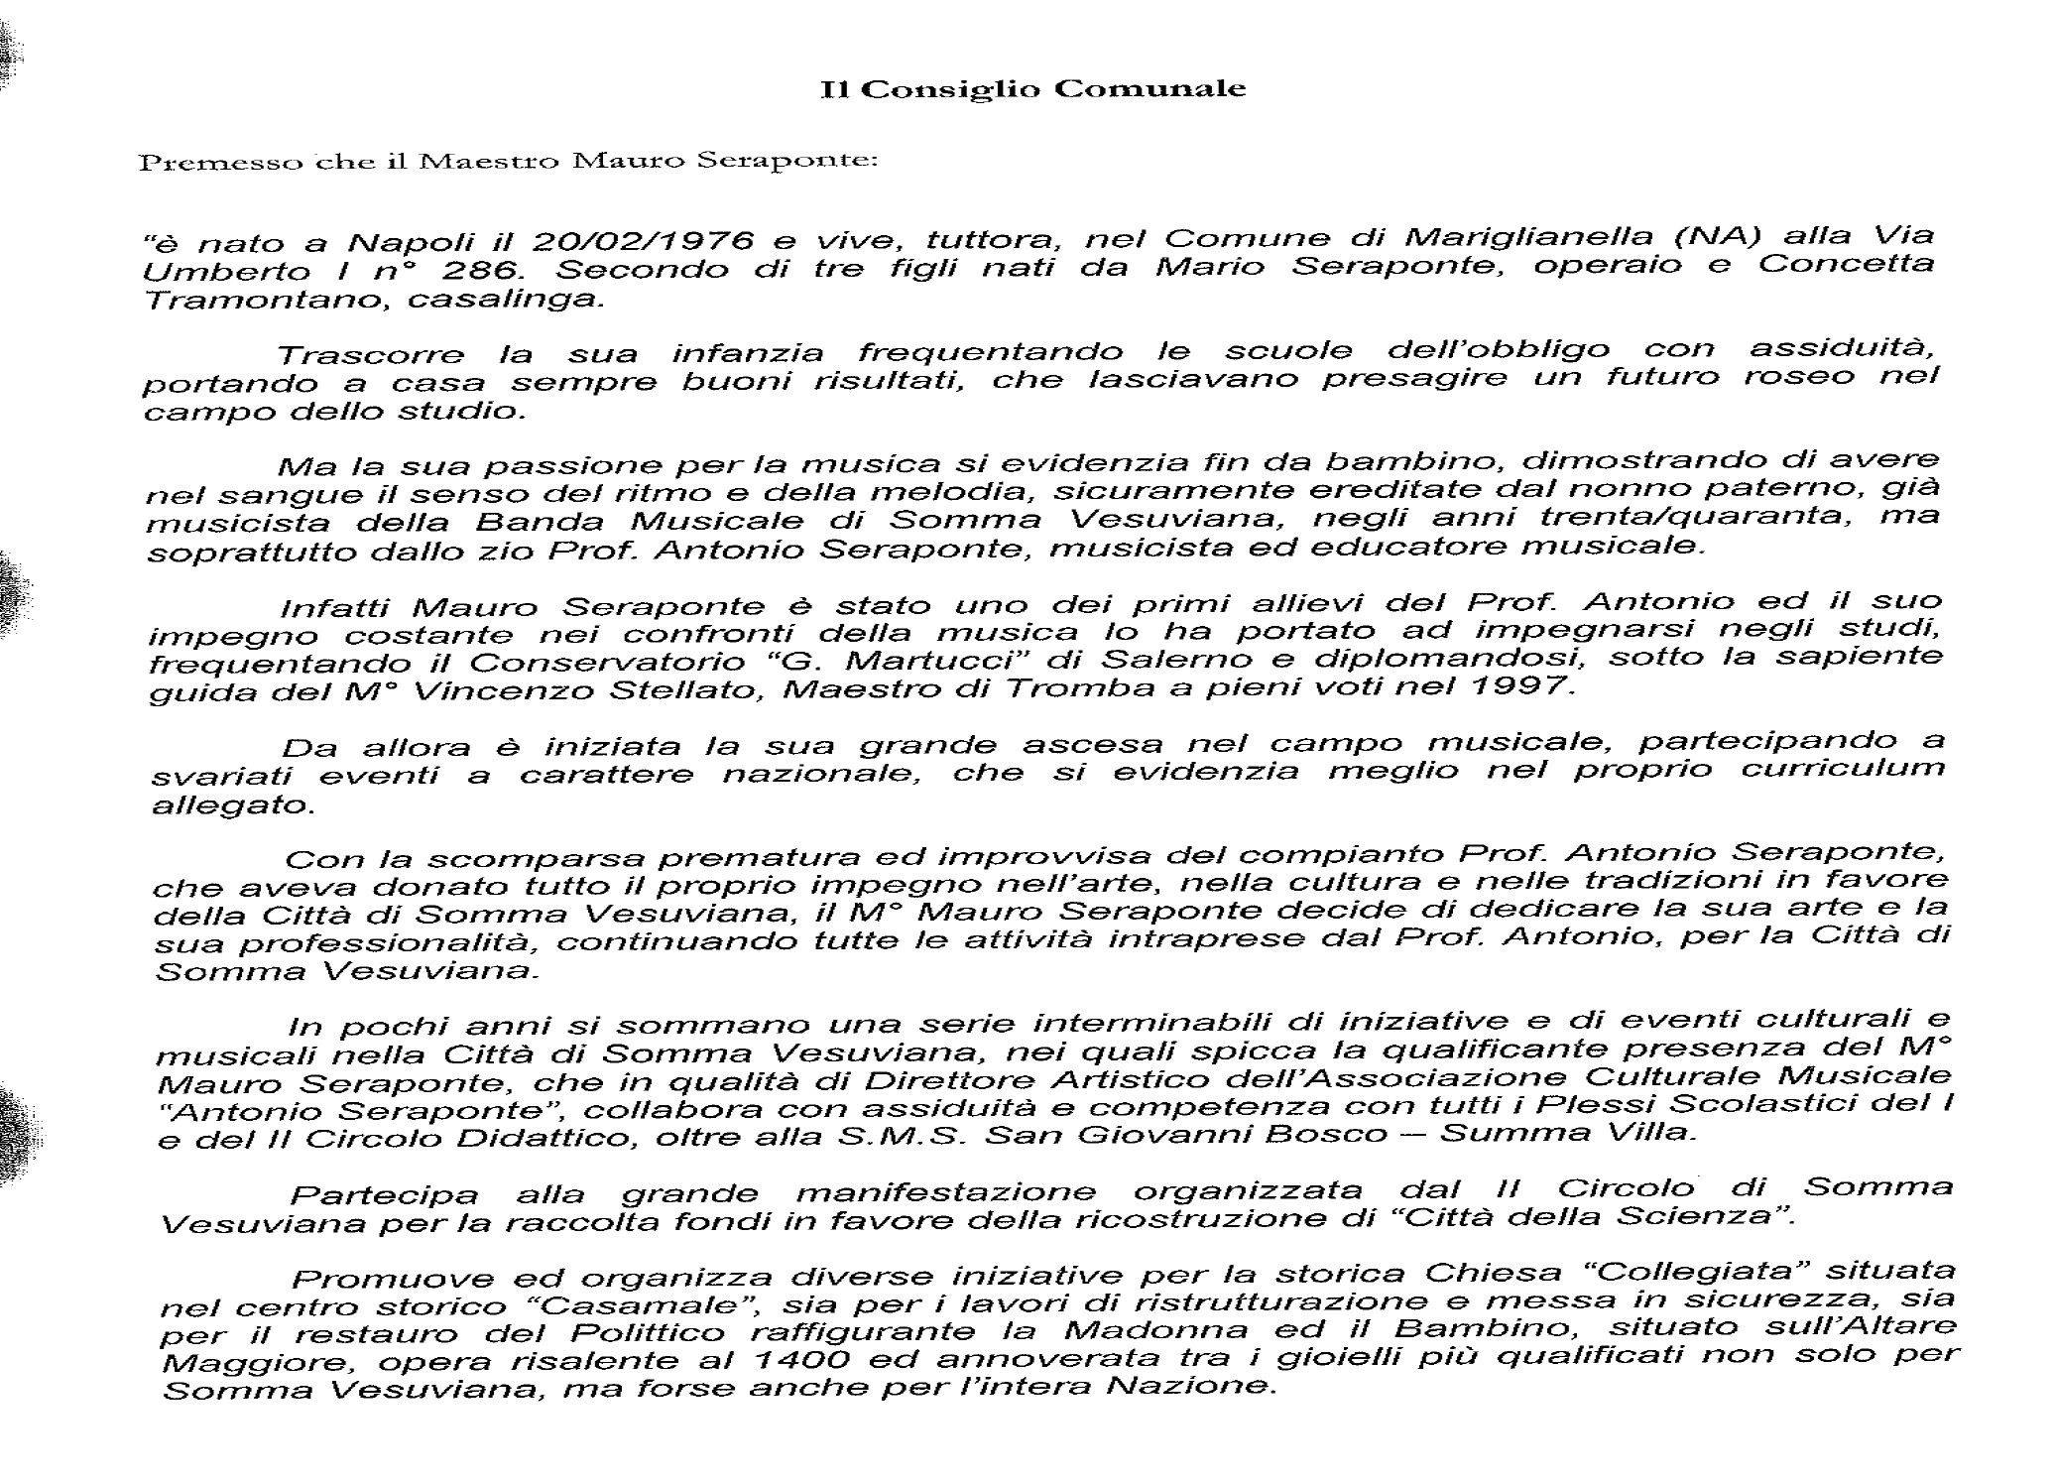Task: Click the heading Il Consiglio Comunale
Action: [1032, 89]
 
